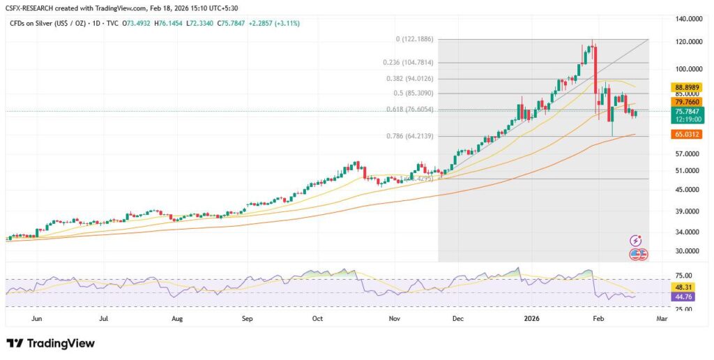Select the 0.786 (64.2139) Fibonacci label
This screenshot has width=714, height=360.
(411, 136)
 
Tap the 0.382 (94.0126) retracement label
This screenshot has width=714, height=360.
(411, 78)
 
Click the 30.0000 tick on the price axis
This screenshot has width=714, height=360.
(685, 250)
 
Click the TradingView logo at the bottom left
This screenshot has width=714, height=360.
(50, 343)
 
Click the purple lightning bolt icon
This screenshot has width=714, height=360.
(635, 240)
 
